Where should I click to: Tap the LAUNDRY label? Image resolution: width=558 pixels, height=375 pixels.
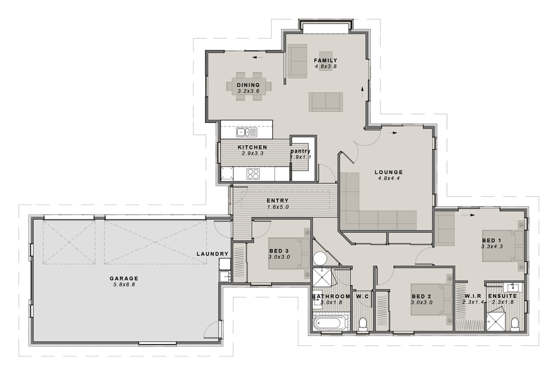click(213, 254)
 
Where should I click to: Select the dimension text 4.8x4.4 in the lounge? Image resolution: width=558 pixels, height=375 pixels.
click(388, 178)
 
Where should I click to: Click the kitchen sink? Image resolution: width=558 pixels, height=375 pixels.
click(247, 132)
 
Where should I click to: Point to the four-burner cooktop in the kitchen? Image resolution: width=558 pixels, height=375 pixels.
click(253, 174)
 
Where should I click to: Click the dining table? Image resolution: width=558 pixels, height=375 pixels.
click(249, 86)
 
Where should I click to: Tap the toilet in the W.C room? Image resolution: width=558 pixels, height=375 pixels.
click(363, 324)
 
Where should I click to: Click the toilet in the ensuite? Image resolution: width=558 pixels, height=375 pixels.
click(514, 324)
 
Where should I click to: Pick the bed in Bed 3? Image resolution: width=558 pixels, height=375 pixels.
click(289, 253)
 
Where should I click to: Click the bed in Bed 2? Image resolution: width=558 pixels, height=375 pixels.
click(431, 300)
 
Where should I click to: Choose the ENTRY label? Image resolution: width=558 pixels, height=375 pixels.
click(277, 201)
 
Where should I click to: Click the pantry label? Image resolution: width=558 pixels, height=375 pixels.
click(300, 151)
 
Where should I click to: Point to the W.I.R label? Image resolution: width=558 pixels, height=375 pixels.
click(473, 296)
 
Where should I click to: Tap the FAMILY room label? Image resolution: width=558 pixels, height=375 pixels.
click(326, 60)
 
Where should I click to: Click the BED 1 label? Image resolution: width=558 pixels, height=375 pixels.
click(492, 241)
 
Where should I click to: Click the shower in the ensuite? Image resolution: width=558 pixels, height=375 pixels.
click(496, 321)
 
